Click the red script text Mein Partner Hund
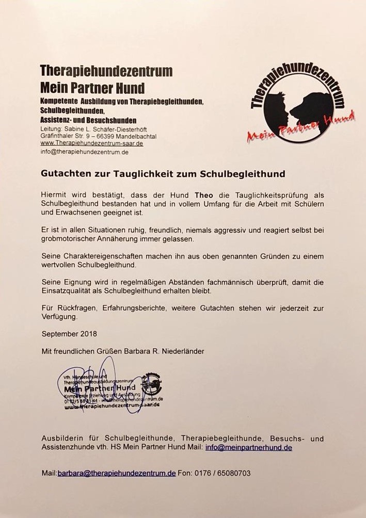[x=301, y=128]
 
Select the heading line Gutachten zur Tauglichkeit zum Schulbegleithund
[x=163, y=173]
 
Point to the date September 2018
[x=69, y=334]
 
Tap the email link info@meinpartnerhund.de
[x=248, y=448]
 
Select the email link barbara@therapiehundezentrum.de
[x=117, y=473]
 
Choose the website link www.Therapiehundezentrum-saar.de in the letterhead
[x=91, y=143]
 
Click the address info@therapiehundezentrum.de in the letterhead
[x=85, y=152]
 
